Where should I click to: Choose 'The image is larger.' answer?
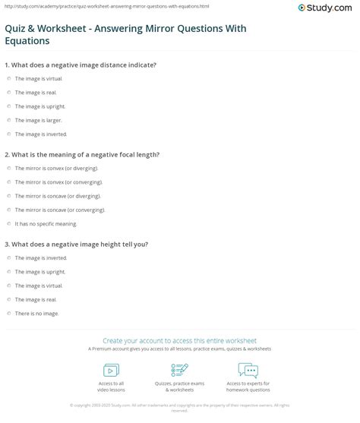[x=33, y=119]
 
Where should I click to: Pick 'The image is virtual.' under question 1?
[x=34, y=78]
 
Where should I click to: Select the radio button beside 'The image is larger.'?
[x=8, y=119]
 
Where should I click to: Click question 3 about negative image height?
[x=83, y=244]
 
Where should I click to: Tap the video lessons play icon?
[x=112, y=370]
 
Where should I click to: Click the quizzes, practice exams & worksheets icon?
[x=179, y=370]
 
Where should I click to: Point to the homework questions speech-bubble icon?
[x=248, y=370]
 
